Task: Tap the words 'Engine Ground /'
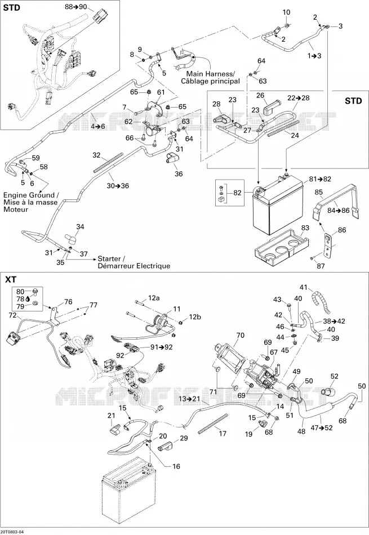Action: (x=31, y=195)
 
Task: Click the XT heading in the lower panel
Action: (x=11, y=279)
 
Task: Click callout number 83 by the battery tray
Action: (x=305, y=228)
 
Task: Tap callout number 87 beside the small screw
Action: (x=321, y=266)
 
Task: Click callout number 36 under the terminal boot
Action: (x=179, y=173)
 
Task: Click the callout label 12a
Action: (x=154, y=298)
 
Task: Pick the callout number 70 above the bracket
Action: (x=241, y=336)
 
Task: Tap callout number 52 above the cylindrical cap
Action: (x=334, y=376)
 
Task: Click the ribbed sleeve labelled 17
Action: (x=212, y=423)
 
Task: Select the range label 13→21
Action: (x=189, y=399)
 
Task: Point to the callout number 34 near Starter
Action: (x=80, y=227)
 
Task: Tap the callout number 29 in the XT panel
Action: (x=184, y=438)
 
